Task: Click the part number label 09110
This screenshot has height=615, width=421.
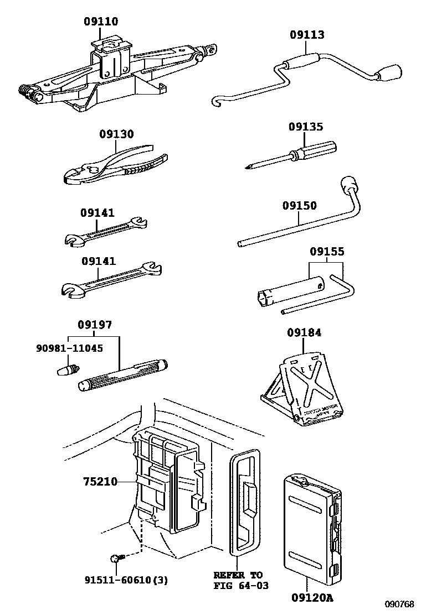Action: pyautogui.click(x=101, y=22)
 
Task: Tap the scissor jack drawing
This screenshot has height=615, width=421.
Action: pyautogui.click(x=111, y=75)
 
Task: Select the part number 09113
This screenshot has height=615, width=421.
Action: pyautogui.click(x=307, y=35)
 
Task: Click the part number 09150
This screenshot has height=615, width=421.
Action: pyautogui.click(x=299, y=206)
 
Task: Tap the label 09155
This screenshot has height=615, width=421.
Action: pyautogui.click(x=327, y=252)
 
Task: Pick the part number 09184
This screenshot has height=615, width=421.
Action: pyautogui.click(x=304, y=332)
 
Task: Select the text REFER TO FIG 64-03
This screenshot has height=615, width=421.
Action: pyautogui.click(x=239, y=580)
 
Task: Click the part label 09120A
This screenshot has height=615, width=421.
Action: pyautogui.click(x=313, y=598)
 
